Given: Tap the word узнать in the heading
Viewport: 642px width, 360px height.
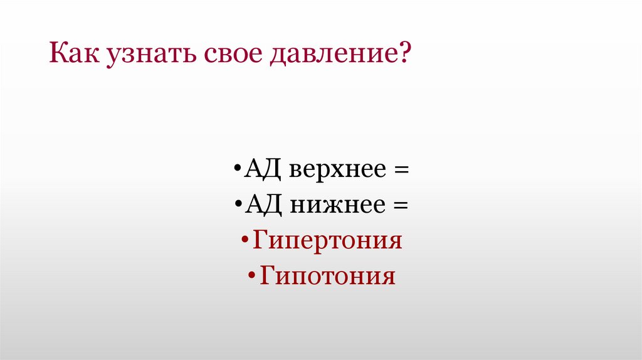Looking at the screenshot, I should tap(145, 56).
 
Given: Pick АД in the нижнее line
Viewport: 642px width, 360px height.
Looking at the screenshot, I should tap(258, 205).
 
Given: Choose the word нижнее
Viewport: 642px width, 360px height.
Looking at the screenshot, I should tap(331, 206).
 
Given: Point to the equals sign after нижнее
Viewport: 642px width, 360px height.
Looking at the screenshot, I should tap(401, 206).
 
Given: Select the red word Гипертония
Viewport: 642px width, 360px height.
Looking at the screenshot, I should tap(327, 241).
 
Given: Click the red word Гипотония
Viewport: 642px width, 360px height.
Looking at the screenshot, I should tap(327, 277).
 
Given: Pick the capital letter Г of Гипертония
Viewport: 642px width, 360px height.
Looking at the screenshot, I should tap(260, 240).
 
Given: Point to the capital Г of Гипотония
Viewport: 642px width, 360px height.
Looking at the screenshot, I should tap(267, 275).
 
